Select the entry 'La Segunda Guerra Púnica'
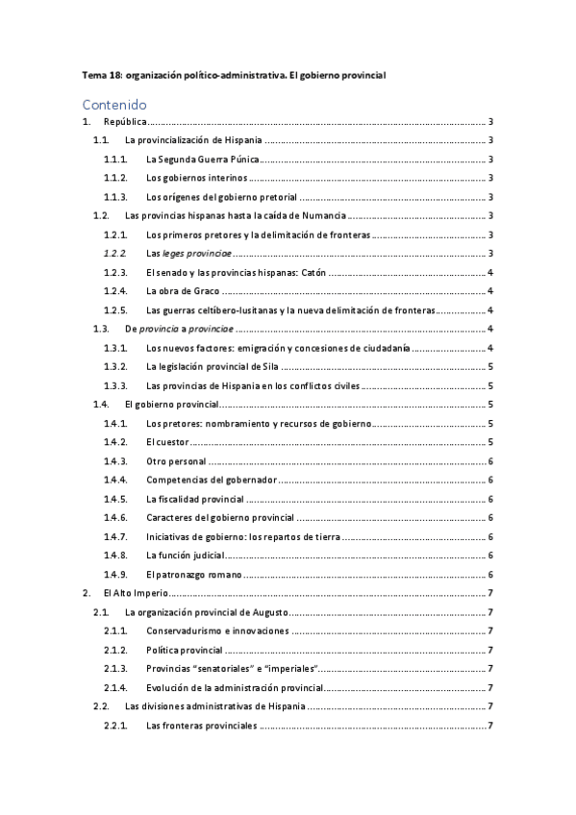(x=203, y=160)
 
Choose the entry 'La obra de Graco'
(x=183, y=290)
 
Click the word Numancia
(x=322, y=215)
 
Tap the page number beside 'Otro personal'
(x=490, y=460)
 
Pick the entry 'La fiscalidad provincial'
(x=194, y=498)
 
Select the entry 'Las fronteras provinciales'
(x=202, y=724)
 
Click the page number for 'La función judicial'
(x=490, y=555)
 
